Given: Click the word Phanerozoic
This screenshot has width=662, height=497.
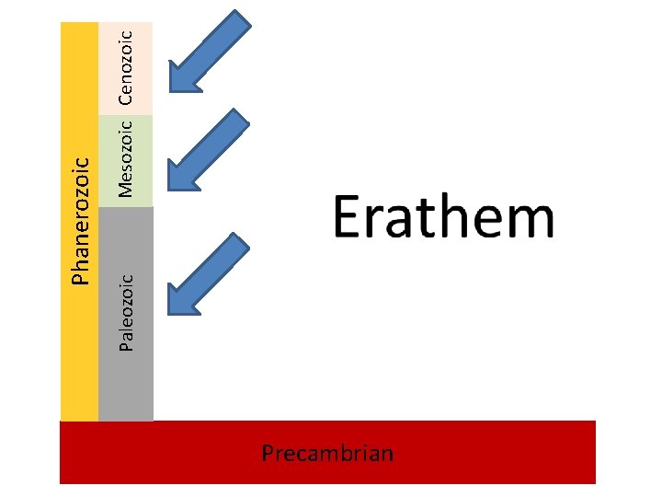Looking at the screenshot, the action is pos(81,218).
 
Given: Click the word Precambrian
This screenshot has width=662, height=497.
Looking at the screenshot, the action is pos(327,453).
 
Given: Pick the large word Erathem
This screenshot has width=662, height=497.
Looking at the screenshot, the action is pos(443,219).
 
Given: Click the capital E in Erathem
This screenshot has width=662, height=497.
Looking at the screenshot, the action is pos(347,219).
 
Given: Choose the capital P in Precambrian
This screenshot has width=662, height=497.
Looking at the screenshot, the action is pos(268,453).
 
